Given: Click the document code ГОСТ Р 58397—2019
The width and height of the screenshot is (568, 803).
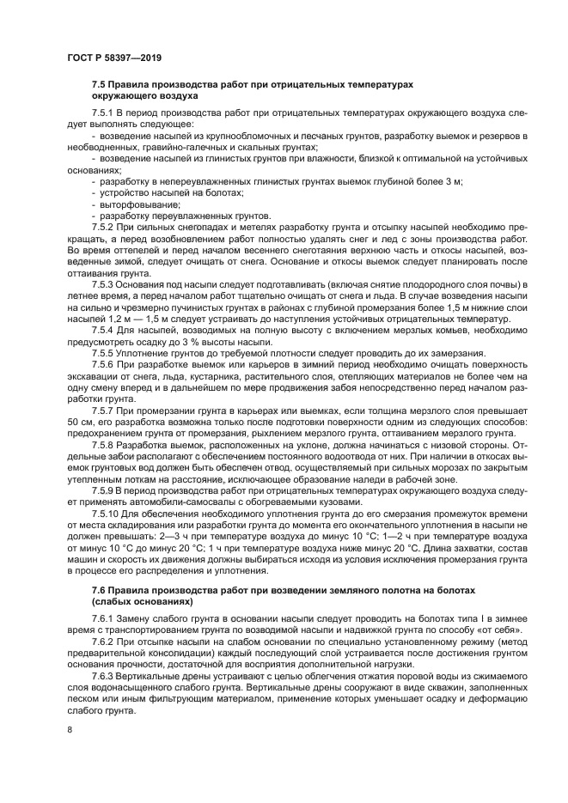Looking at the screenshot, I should (114, 58).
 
